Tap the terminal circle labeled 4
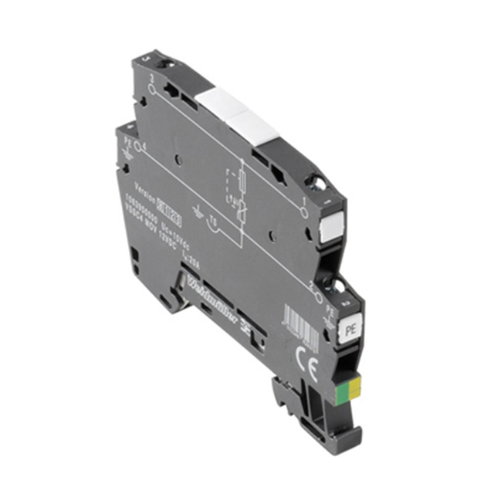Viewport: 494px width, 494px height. [x=138, y=144]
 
